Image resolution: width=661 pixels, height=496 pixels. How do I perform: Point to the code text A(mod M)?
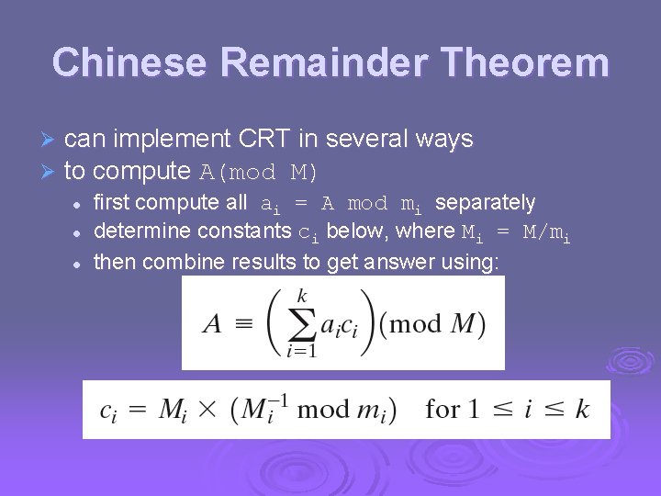coord(260,173)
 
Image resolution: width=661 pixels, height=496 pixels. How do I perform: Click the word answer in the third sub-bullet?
coord(403,262)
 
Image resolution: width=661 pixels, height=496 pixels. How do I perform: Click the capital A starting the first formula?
coord(212,324)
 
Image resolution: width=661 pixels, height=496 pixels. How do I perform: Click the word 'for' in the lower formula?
coord(443,409)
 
